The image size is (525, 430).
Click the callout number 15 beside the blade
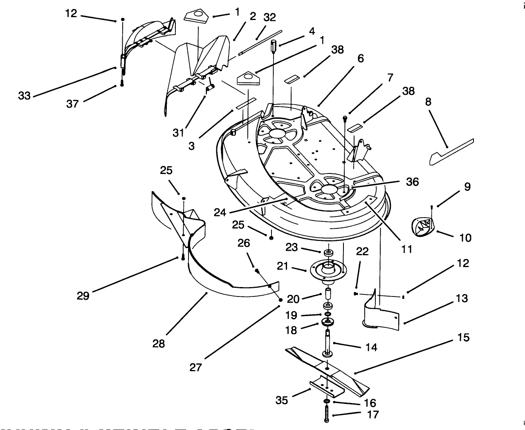464,338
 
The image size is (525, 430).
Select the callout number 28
159,343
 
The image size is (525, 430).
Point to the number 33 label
25,96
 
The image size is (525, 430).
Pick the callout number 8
428,102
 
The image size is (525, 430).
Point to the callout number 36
412,181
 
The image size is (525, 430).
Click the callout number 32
269,17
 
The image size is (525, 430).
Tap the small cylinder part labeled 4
274,45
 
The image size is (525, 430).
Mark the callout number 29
83,295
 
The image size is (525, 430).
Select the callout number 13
462,299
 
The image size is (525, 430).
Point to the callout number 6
360,58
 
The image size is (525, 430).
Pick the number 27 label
195,367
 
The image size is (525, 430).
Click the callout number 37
72,104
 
